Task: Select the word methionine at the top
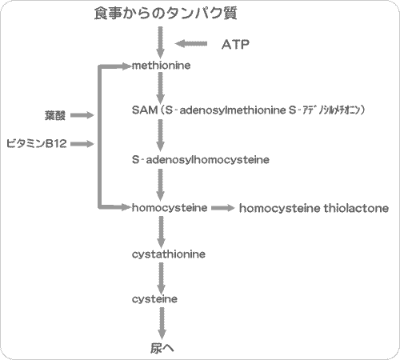click(161, 66)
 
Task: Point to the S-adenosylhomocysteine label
click(200, 160)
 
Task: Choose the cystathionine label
click(169, 254)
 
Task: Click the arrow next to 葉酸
click(82, 116)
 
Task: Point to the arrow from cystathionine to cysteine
click(162, 277)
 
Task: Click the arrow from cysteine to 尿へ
click(162, 322)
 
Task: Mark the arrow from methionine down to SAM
click(162, 87)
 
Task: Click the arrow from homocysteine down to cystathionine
click(162, 230)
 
